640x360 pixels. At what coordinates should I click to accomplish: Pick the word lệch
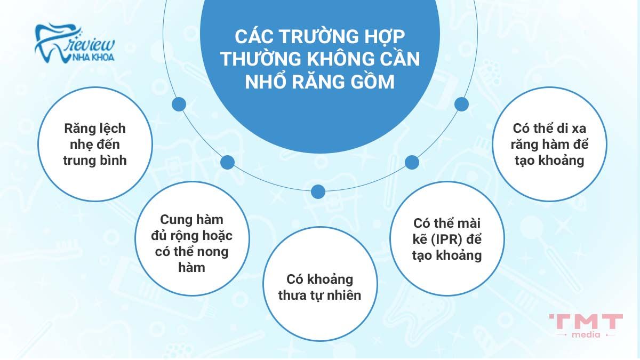(x=111, y=130)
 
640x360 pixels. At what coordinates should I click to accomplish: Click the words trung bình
(x=95, y=160)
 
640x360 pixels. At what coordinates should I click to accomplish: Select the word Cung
(x=176, y=220)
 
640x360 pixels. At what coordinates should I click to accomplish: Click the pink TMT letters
(x=586, y=322)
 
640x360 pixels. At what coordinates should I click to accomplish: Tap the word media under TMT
(x=586, y=335)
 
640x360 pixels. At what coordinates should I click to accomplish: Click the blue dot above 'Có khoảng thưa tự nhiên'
(x=318, y=191)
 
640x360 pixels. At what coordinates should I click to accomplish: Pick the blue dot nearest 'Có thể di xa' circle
(x=461, y=103)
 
